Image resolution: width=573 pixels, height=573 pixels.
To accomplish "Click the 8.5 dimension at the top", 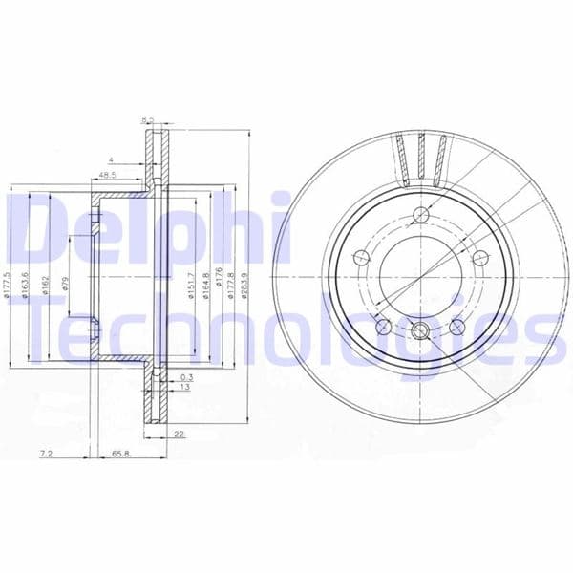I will [x=148, y=119].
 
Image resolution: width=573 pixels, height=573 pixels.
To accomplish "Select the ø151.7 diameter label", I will [x=191, y=283].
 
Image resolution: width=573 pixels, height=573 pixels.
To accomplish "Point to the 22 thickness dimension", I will [x=180, y=435].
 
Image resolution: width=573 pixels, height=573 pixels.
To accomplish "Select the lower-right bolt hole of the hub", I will [x=456, y=327].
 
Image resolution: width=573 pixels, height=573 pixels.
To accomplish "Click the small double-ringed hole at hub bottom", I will [x=419, y=331].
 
